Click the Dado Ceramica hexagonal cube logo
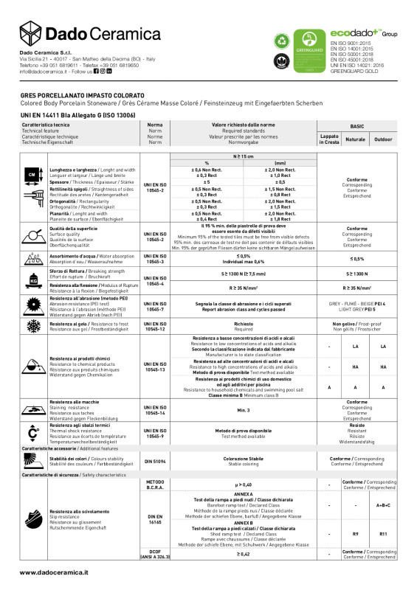coord(31,32)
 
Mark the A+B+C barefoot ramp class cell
coord(383,505)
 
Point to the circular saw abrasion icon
coord(32,305)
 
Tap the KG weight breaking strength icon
coord(32,280)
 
